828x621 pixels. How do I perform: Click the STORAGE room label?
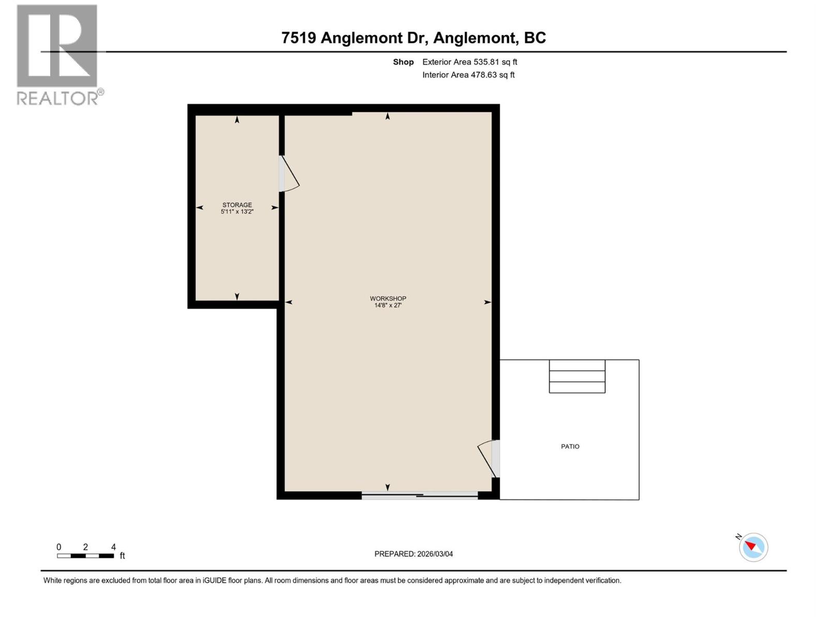coord(237,205)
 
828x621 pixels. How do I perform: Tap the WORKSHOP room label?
coord(388,299)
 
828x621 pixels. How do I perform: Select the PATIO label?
coord(570,447)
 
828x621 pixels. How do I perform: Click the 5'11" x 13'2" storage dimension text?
coord(237,212)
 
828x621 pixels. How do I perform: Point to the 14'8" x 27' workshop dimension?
coord(388,305)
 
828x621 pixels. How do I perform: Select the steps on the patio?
coord(577,376)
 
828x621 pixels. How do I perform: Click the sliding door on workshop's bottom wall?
coord(419,496)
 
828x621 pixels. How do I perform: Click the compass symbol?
coord(753,547)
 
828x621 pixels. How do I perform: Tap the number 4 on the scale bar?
coord(113,547)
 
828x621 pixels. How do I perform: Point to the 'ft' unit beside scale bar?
coord(123,556)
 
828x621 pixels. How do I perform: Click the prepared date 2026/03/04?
coord(435,554)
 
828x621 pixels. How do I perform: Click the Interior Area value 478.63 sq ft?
coord(492,75)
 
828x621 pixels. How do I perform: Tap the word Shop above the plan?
coord(403,62)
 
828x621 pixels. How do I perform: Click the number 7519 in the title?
coord(299,38)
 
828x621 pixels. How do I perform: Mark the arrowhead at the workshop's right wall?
coord(487,302)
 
